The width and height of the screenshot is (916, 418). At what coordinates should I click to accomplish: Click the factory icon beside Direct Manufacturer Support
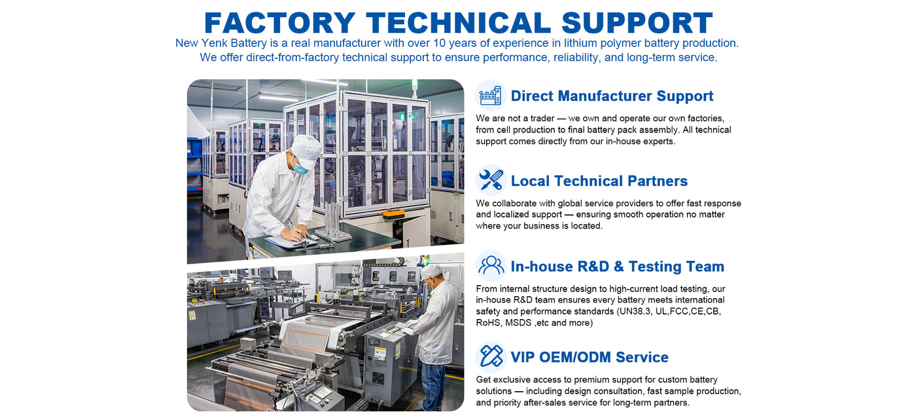[x=491, y=96]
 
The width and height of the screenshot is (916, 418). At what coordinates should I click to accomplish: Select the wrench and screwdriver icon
[x=491, y=180]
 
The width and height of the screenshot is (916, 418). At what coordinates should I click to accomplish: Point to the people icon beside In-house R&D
[x=491, y=266]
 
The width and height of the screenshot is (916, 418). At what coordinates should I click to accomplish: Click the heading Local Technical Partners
[x=599, y=181]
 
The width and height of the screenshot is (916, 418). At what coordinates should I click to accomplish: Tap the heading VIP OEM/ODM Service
[x=590, y=358]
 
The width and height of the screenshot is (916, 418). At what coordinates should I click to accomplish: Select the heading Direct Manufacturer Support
[x=612, y=96]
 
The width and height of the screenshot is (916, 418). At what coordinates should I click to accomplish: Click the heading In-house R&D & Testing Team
[x=618, y=267]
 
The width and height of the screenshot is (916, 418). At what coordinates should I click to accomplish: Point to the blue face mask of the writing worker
[x=300, y=168]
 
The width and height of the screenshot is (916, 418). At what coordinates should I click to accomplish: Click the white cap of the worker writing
[x=306, y=148]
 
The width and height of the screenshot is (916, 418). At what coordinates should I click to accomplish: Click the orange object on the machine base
[x=393, y=214]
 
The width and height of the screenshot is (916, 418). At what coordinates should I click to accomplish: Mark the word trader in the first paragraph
[x=542, y=119]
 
